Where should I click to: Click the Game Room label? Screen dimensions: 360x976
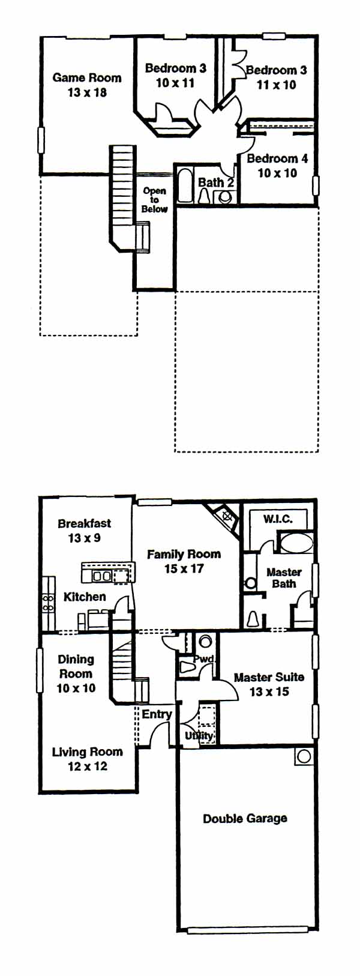86,78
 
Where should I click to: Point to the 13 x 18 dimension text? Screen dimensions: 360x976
87,93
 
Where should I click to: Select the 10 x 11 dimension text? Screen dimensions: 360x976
175,83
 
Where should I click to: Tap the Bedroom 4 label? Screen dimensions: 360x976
277,158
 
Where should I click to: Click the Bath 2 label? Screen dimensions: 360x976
216,182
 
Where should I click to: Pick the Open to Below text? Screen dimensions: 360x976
155,200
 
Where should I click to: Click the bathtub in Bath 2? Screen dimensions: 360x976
185,187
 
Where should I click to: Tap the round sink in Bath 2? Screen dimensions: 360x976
225,197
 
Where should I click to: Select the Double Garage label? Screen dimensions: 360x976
245,818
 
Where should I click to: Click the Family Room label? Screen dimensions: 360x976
184,554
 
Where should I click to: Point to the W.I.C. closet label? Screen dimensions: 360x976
278,519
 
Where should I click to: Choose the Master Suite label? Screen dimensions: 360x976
269,677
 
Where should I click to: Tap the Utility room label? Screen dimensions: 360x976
199,735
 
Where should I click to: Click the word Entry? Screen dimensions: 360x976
157,714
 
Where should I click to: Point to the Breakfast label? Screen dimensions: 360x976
85,523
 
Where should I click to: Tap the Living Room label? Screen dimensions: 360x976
87,752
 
